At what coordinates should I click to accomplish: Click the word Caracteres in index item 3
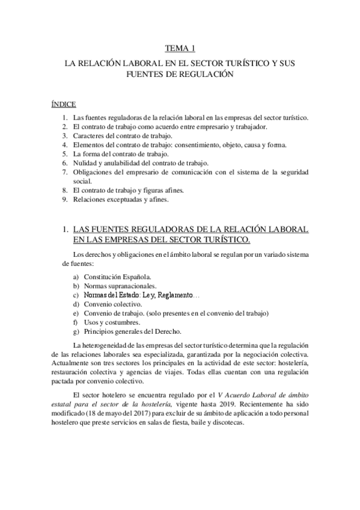88,136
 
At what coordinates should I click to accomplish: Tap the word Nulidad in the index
85,163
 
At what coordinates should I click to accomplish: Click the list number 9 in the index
64,199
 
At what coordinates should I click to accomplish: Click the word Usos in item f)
91,322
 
